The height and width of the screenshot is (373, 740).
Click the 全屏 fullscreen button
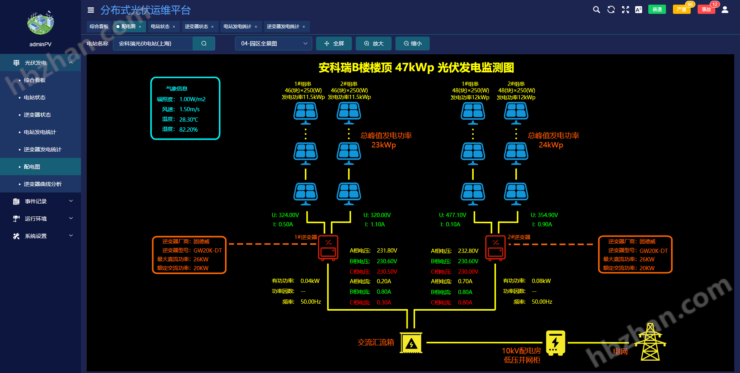click(334, 43)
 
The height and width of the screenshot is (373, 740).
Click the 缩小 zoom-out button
click(412, 43)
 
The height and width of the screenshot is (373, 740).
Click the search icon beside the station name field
click(204, 43)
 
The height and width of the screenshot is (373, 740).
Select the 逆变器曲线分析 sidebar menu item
click(42, 184)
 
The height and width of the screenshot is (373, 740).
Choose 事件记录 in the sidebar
click(36, 201)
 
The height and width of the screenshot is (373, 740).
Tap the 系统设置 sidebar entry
click(36, 236)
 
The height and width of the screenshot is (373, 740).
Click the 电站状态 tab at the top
click(160, 27)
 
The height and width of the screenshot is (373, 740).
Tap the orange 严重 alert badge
click(681, 10)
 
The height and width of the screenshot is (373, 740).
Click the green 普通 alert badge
click(657, 10)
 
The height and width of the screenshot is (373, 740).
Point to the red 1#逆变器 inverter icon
click(328, 248)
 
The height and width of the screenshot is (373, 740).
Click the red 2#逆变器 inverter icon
click(495, 248)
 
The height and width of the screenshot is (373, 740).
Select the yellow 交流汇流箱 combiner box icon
click(411, 343)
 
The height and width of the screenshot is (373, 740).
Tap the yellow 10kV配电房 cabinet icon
click(555, 343)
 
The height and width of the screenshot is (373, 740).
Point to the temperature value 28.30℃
click(188, 120)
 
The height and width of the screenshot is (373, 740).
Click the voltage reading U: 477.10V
click(452, 215)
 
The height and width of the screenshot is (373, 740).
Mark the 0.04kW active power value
click(310, 281)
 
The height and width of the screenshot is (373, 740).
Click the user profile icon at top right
click(725, 10)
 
